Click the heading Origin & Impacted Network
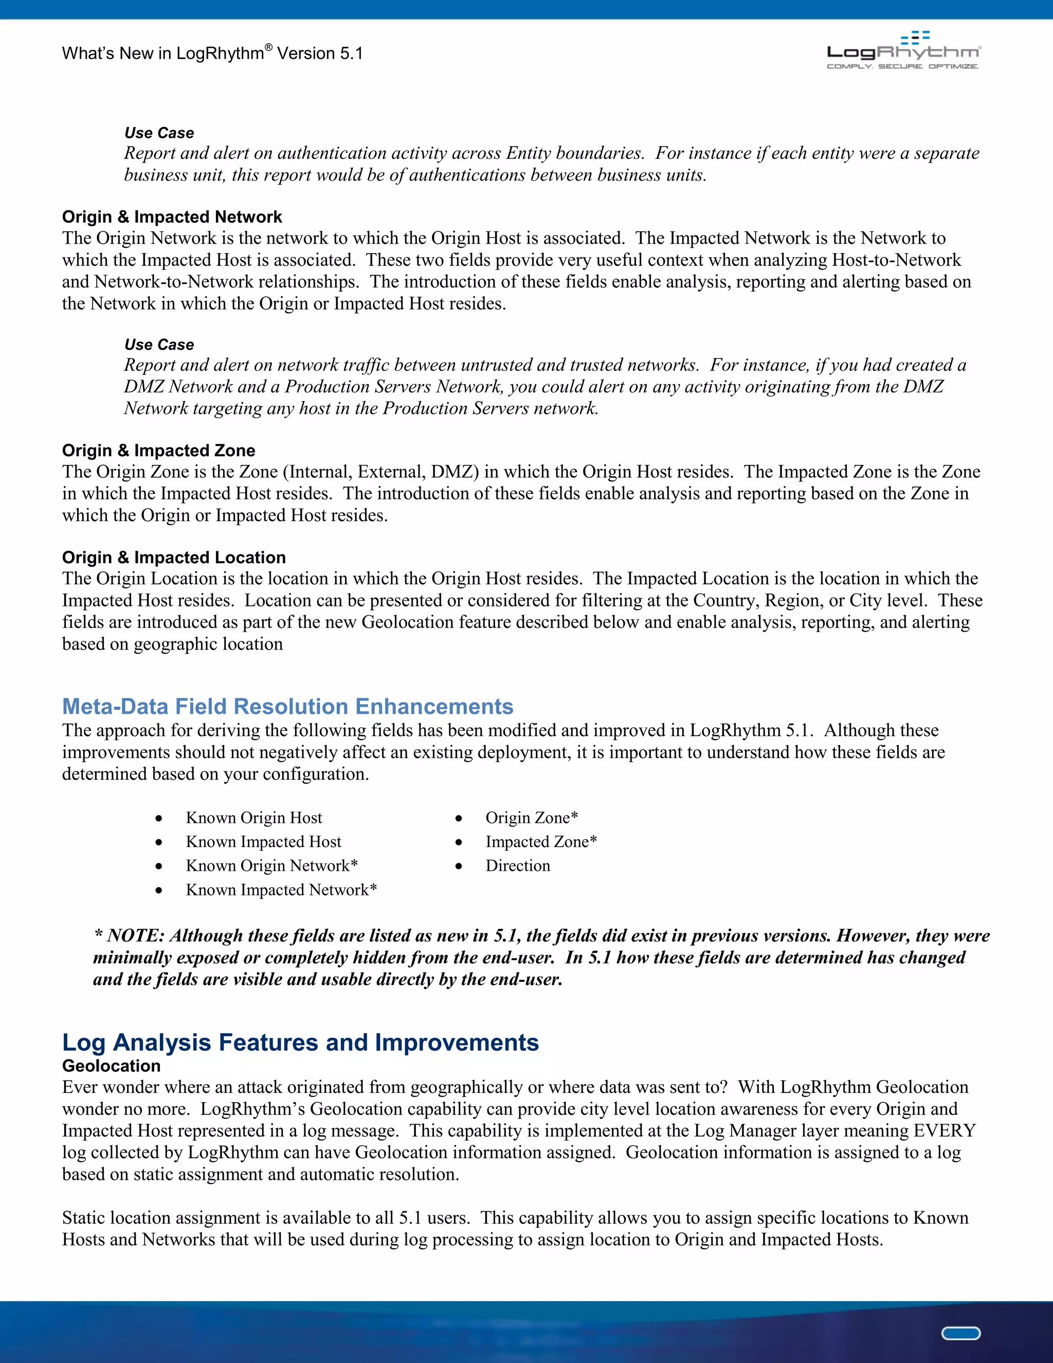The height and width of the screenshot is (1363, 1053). tap(172, 217)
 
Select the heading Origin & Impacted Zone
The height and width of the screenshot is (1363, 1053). tap(158, 450)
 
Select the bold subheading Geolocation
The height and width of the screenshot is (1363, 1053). tap(111, 1065)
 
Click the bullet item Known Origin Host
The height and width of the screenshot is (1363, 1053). tap(254, 818)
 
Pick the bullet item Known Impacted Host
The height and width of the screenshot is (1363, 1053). tap(263, 842)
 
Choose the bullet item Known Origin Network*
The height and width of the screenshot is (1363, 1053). tap(271, 866)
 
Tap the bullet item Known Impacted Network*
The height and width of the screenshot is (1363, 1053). tap(281, 889)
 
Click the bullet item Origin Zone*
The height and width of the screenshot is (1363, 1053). tap(532, 818)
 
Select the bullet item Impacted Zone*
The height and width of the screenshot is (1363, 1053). tap(541, 842)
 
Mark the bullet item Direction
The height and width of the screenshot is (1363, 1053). tap(518, 866)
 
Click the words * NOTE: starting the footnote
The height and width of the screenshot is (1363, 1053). tap(129, 936)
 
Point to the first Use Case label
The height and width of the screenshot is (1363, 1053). tap(159, 133)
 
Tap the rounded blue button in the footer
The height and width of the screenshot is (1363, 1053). tap(960, 1334)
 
